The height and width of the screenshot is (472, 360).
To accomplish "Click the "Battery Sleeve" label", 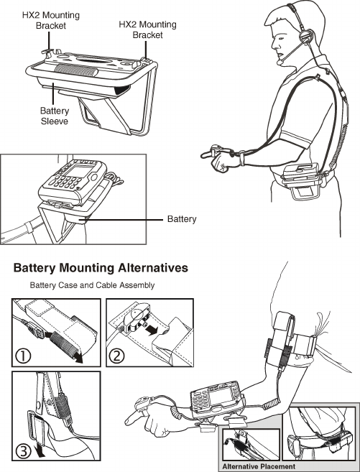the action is point(55,116).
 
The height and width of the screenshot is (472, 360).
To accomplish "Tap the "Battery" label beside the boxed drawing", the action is point(182,219).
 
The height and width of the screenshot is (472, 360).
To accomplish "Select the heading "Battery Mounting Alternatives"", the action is point(101,268).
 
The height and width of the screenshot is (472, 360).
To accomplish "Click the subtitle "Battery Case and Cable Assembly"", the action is point(92,285).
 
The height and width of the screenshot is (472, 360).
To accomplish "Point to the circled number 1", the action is point(23,356).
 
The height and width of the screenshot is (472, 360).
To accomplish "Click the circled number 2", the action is point(116,356).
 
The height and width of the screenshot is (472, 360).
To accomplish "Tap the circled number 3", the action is point(23,452).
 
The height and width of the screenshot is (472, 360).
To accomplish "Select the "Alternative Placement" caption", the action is point(259,466).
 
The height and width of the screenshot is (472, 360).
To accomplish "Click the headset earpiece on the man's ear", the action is point(306,37).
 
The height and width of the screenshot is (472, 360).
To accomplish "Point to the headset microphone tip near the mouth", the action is point(280,62).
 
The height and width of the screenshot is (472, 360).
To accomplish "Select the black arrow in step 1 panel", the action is point(79,358).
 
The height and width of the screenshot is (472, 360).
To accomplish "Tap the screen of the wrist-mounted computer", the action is point(221,396).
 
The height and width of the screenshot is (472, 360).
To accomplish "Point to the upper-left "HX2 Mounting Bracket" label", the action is point(51,20).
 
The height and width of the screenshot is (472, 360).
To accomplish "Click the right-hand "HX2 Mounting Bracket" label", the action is point(147,29).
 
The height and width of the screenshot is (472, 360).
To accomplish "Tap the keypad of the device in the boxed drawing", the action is point(65,182).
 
